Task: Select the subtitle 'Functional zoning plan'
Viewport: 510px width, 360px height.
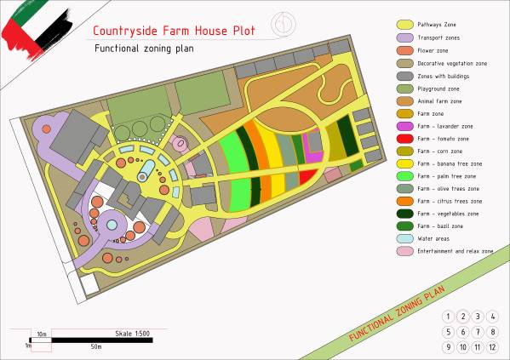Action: point(144,49)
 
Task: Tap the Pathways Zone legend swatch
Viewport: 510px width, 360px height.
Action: point(404,26)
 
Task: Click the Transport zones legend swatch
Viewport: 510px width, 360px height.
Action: point(404,38)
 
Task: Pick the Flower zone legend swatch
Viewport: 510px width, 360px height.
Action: point(404,50)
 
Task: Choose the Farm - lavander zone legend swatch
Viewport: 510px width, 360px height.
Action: point(404,126)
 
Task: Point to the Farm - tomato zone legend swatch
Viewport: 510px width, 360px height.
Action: point(404,139)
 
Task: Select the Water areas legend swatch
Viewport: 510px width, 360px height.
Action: point(404,239)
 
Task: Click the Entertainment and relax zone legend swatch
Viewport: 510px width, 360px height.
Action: point(404,252)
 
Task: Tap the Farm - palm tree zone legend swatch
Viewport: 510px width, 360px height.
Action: point(404,176)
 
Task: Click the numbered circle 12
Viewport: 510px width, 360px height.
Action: point(493,347)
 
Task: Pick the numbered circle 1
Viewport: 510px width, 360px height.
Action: point(448,317)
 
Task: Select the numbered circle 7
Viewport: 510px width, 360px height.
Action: point(478,332)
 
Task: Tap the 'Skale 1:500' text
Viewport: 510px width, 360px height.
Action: point(132,333)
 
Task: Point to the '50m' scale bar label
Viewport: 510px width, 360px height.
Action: point(96,347)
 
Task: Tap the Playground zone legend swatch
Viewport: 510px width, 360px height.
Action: point(404,89)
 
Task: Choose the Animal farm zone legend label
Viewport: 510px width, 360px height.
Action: point(443,101)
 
